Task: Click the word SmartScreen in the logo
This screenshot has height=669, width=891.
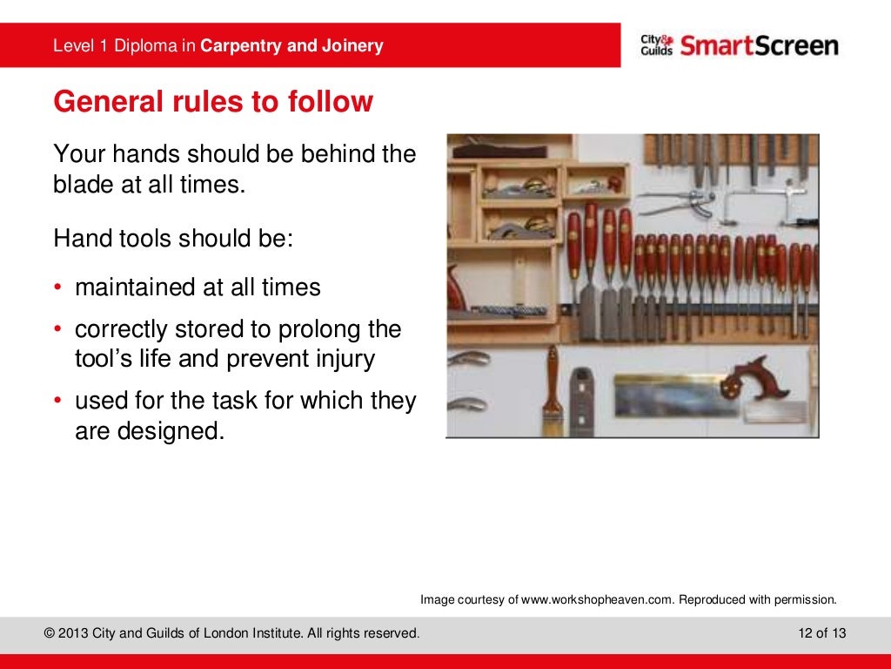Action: click(760, 45)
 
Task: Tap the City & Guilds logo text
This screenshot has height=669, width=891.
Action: click(657, 45)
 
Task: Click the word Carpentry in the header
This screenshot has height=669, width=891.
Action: click(241, 46)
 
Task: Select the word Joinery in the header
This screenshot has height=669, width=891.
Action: click(352, 46)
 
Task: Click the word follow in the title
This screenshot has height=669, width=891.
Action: click(331, 102)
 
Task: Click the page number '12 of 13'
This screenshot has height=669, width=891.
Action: click(822, 633)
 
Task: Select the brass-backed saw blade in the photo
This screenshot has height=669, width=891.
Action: click(670, 396)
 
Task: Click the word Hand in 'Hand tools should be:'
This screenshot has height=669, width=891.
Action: click(79, 238)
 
